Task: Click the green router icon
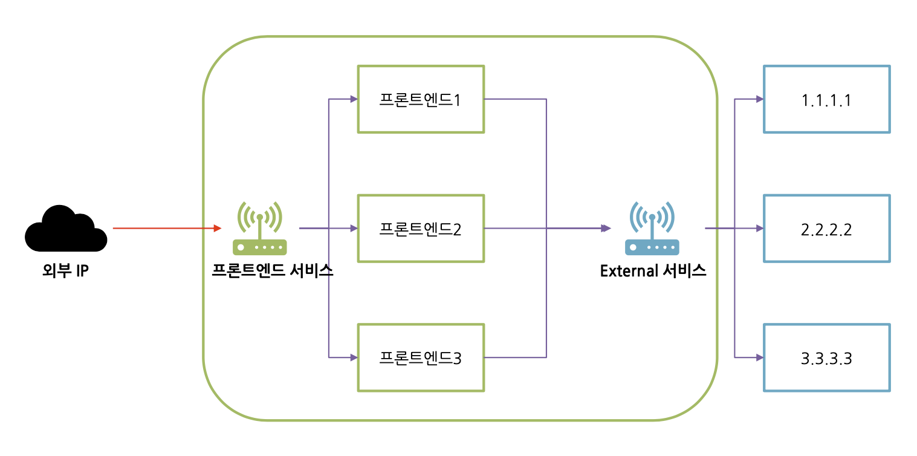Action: click(x=260, y=229)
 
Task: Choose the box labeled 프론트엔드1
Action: click(x=421, y=99)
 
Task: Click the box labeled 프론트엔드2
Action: click(x=421, y=229)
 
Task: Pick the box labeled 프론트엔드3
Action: click(x=421, y=357)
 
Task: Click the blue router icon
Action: click(x=652, y=229)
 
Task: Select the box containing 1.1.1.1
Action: click(x=826, y=99)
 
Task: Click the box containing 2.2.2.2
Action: click(x=826, y=229)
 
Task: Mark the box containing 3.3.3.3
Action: click(x=826, y=357)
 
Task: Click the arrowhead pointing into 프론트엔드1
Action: click(x=354, y=99)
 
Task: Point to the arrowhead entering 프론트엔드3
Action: click(x=354, y=357)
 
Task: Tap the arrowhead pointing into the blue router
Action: click(x=606, y=229)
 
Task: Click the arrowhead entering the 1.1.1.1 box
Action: click(x=759, y=99)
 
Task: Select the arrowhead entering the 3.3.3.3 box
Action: click(x=759, y=357)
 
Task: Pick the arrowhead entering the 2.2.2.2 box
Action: click(x=759, y=229)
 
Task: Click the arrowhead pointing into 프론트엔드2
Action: click(x=354, y=229)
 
